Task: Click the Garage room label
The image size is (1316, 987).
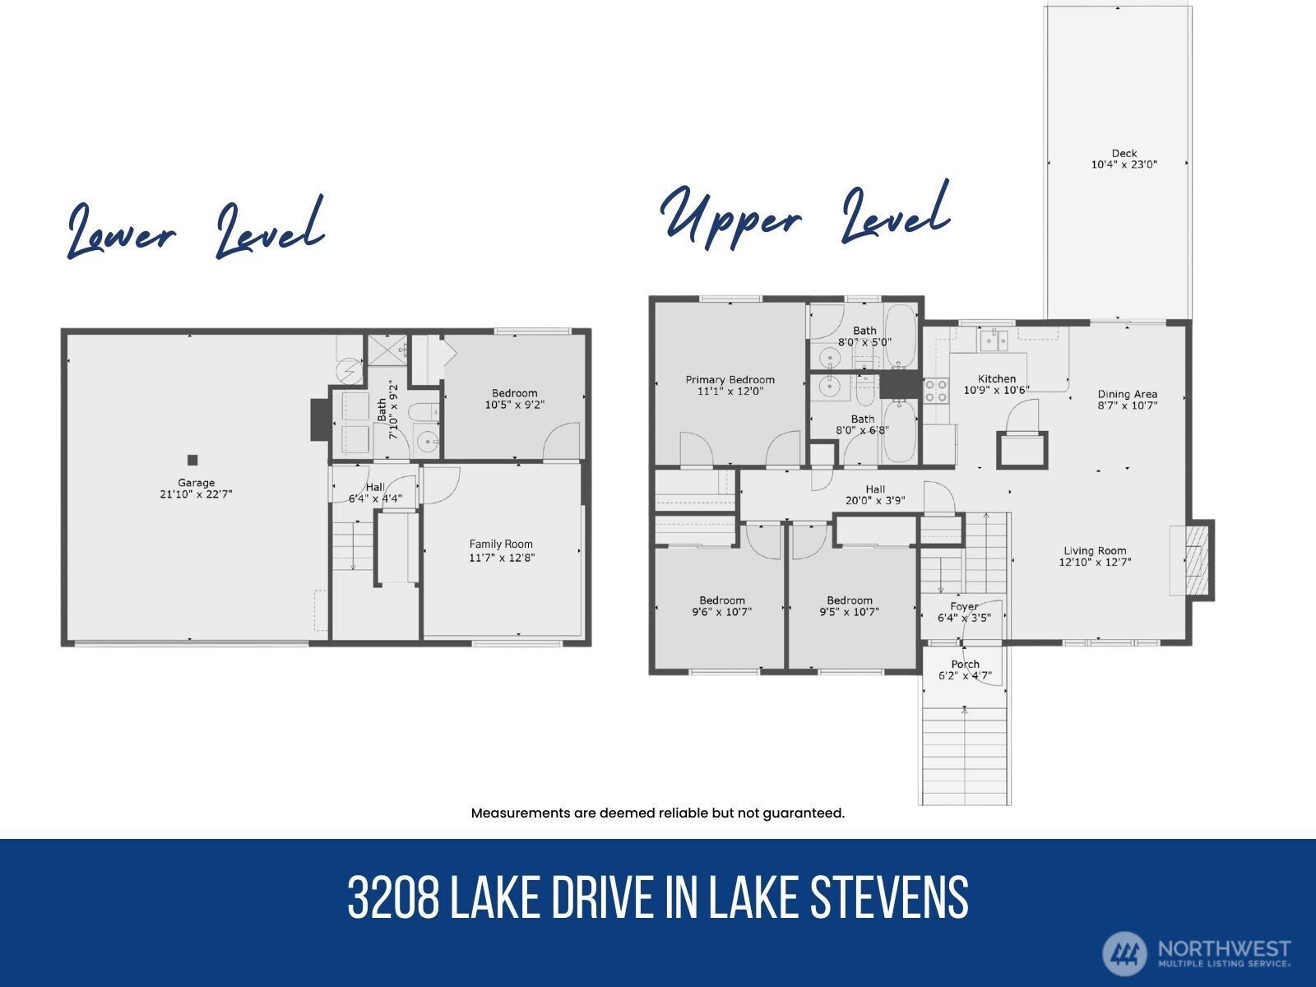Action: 196,483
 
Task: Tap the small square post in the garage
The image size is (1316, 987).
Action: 192,460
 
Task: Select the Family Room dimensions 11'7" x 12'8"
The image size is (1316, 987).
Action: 501,558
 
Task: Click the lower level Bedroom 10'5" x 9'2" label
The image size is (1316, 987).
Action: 514,393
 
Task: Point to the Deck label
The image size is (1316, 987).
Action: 1124,153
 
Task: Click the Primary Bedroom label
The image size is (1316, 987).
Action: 730,380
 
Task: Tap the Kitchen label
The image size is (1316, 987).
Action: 996,379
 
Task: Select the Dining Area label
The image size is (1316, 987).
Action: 1127,394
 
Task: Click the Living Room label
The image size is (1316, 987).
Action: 1095,551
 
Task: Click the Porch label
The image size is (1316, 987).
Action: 966,664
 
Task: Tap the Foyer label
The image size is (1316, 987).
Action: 964,606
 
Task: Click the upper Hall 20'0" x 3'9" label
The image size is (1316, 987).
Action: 875,489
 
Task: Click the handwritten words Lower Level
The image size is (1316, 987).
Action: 195,229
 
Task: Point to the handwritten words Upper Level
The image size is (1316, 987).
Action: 805,215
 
